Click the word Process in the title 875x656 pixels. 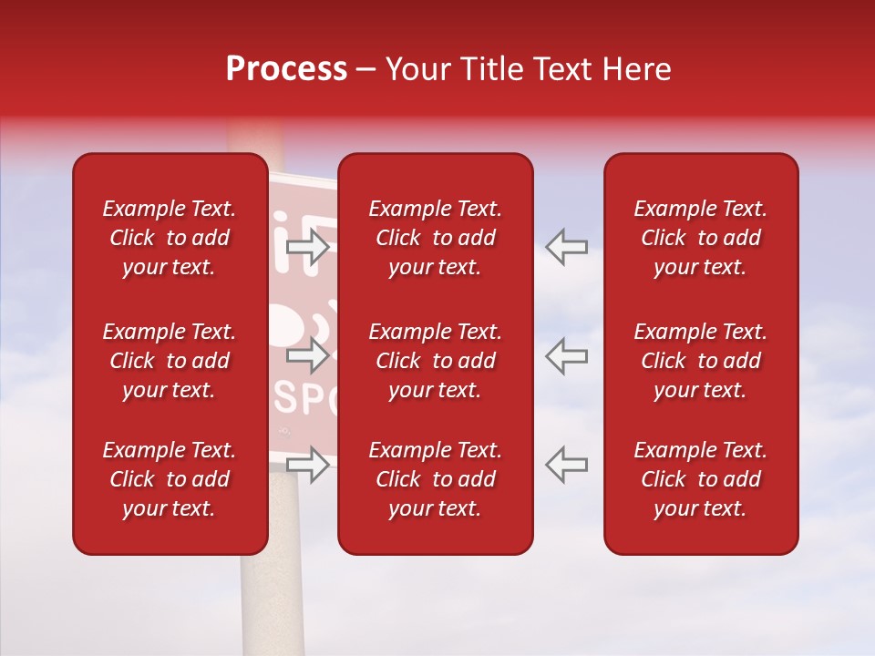click(286, 69)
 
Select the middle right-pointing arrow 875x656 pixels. click(308, 355)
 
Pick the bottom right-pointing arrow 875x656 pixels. click(308, 465)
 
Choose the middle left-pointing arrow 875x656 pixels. click(567, 355)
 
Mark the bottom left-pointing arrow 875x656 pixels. click(567, 465)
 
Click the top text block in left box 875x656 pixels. click(170, 238)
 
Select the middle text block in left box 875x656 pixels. click(170, 361)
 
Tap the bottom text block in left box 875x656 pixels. click(170, 479)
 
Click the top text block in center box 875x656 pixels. click(435, 238)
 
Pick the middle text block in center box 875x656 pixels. click(435, 361)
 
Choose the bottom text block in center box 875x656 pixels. click(435, 479)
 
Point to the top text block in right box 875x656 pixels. click(700, 238)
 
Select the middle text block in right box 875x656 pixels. click(700, 361)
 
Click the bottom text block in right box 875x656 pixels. click(700, 479)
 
